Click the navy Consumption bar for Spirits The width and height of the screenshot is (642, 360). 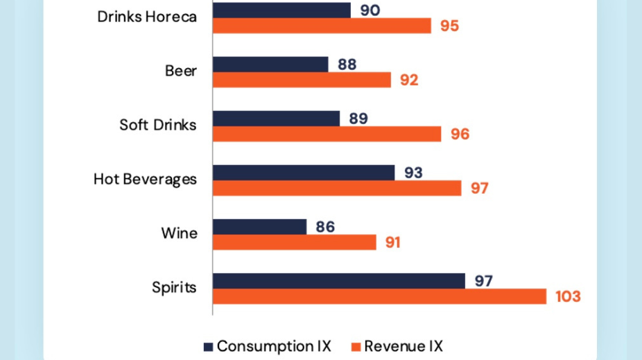coord(338,281)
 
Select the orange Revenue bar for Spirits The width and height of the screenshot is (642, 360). coord(379,296)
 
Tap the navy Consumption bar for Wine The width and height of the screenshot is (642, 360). coord(259,227)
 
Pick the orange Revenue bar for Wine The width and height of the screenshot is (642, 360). coord(294,242)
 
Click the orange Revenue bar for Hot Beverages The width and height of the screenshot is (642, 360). coord(336,188)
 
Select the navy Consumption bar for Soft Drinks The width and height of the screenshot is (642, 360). coord(276,119)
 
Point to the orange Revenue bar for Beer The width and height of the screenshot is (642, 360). coord(302,80)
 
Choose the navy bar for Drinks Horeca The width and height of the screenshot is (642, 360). coord(281,10)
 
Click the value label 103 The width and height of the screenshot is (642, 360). coord(568,297)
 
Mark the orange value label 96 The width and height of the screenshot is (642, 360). coord(460,134)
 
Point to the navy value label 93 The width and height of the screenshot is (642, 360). coord(413,172)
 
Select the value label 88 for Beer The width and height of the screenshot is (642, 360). coord(347,64)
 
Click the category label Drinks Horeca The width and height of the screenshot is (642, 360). coord(146,17)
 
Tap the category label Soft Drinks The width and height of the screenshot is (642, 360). coord(158,126)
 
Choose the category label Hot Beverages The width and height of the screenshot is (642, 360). coord(146,180)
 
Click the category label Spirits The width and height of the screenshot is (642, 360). coord(173,288)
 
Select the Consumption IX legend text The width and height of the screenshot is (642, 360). coord(274,346)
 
